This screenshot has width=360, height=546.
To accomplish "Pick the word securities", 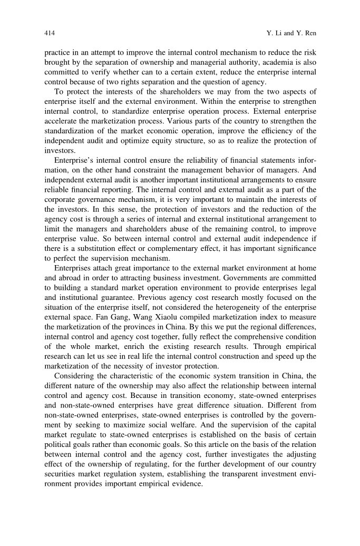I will tap(63, 485).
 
